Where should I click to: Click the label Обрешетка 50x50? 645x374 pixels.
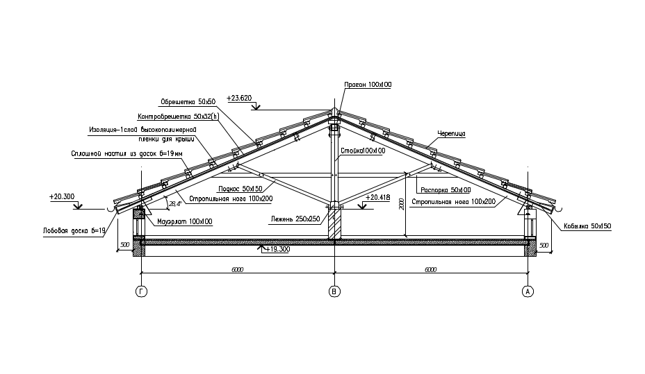pos(188,100)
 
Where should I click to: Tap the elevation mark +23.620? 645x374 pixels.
pos(239,99)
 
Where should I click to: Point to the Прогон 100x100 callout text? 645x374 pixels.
pos(368,85)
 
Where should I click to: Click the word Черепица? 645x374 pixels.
pos(451,133)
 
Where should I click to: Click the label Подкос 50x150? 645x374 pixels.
pos(239,189)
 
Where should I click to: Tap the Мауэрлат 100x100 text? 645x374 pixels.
pos(184,222)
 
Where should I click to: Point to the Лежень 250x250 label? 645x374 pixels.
pos(295,219)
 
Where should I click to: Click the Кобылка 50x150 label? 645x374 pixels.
pos(587,226)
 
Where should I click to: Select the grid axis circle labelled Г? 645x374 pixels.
pos(142,292)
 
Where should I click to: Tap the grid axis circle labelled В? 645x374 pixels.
pos(334,292)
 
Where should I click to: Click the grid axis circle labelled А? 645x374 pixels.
pos(528,292)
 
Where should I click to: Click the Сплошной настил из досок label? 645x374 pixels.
pos(126,153)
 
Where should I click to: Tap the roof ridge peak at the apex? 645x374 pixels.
pos(334,111)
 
